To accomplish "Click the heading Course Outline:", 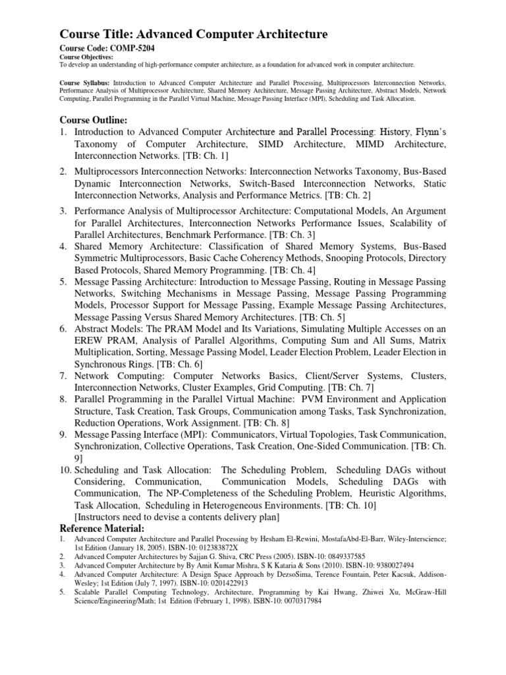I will pyautogui.click(x=94, y=119).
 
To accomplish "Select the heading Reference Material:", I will pyautogui.click(x=102, y=529).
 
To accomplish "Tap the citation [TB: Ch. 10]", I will pyautogui.click(x=358, y=506).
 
